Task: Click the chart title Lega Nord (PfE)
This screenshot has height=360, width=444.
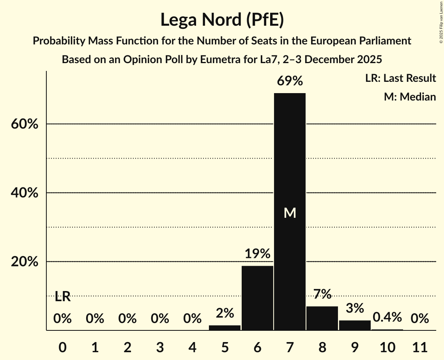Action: [x=222, y=20]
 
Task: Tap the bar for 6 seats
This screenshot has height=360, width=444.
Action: [x=257, y=298]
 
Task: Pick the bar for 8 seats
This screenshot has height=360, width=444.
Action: [x=322, y=318]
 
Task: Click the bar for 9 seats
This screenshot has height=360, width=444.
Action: [x=355, y=325]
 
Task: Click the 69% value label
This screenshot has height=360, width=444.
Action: [x=290, y=81]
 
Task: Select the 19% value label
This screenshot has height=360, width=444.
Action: [x=257, y=254]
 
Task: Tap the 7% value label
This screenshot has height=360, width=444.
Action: [x=322, y=295]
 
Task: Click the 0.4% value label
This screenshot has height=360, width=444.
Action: [x=387, y=317]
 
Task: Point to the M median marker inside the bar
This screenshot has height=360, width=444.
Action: [x=290, y=213]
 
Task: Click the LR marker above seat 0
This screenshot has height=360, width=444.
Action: [x=62, y=297]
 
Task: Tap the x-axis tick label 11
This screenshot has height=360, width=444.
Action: [x=420, y=346]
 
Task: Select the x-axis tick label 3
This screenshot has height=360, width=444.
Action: [x=160, y=346]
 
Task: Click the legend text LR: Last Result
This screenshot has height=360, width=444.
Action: [x=400, y=78]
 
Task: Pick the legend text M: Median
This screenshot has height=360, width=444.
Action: [x=410, y=97]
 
